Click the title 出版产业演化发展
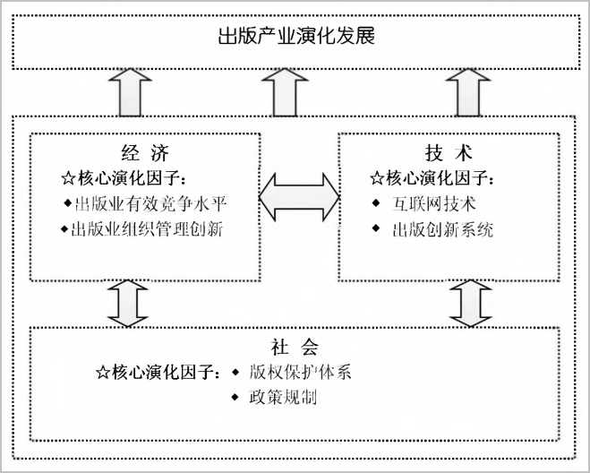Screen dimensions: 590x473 pos(296,36)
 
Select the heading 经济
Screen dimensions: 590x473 pos(145,153)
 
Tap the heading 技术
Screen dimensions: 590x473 pos(449,153)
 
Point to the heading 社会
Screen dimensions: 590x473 pos(295,347)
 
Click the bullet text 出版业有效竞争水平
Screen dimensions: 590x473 pos(150,203)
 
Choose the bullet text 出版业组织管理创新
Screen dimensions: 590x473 pos(147,229)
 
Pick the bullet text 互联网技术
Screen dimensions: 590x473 pos(434,203)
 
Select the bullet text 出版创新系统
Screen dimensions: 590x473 pos(443,229)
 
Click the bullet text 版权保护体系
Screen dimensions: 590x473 pos(300,372)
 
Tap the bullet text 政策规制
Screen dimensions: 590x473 pos(283,397)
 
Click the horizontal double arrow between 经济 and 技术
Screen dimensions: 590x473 pos(300,196)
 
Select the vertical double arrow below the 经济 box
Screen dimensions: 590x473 pos(127,303)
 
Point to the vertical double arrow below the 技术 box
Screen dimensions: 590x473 pos(471,303)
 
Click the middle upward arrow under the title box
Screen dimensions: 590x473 pos(285,92)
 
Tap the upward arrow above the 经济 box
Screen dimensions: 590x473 pos(130,92)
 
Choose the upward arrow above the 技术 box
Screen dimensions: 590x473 pos(468,92)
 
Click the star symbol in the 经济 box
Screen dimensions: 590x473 pos(68,178)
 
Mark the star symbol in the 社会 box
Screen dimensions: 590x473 pos(103,373)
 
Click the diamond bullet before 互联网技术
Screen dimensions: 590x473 pos(375,203)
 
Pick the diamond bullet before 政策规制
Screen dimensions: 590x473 pos(235,397)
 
